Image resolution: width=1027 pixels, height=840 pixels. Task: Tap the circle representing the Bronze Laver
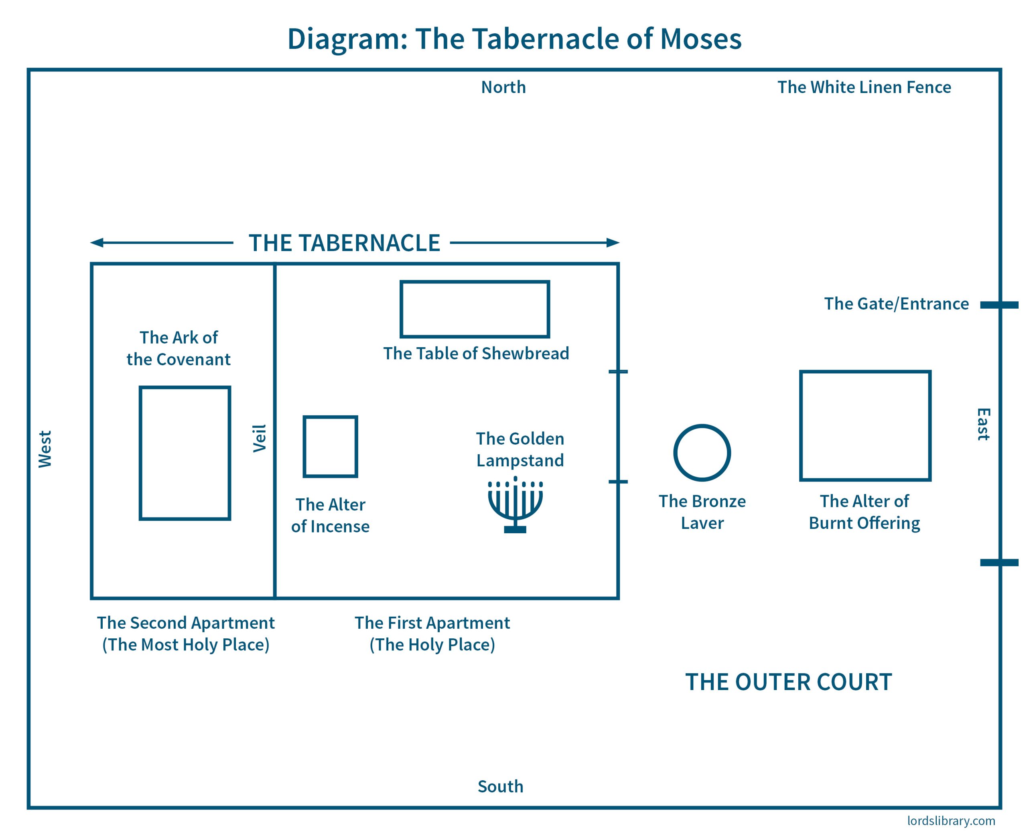click(702, 453)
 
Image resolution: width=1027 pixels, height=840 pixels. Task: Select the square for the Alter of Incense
click(330, 447)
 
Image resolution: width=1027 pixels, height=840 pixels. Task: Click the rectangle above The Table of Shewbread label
click(475, 309)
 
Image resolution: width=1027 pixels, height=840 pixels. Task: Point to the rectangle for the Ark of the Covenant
click(185, 453)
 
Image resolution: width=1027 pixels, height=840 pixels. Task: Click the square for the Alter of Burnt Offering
click(865, 426)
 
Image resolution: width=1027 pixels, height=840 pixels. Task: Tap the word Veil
click(260, 438)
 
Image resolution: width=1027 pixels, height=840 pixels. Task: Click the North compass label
click(503, 87)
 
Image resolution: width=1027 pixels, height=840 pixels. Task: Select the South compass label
click(500, 786)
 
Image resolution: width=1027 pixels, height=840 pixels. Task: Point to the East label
click(983, 424)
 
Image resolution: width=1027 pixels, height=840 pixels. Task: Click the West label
click(45, 449)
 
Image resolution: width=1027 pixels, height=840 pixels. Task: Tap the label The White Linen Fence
click(864, 87)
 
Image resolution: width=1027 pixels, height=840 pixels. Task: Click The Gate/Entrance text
click(896, 304)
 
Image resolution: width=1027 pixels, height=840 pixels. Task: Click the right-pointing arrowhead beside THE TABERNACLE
click(613, 243)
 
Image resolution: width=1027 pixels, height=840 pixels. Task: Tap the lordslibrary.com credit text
click(951, 821)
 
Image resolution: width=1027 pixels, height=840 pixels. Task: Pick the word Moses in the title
click(700, 39)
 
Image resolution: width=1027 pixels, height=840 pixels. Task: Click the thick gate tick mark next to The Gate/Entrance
click(999, 305)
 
